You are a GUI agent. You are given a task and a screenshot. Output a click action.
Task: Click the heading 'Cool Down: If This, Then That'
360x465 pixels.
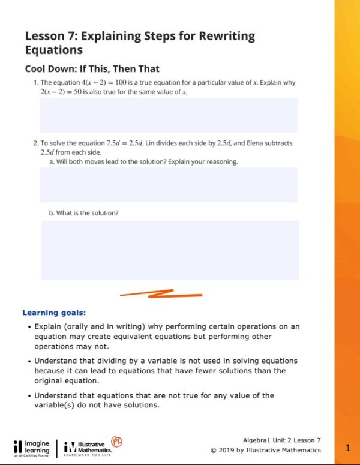(x=92, y=68)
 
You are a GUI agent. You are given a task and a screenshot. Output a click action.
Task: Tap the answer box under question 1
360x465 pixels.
(x=168, y=115)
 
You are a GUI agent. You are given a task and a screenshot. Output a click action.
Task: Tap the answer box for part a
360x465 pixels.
(x=168, y=184)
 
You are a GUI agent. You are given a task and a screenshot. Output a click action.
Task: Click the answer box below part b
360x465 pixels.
(x=170, y=250)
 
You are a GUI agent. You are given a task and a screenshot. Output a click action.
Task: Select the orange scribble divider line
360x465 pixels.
(x=161, y=294)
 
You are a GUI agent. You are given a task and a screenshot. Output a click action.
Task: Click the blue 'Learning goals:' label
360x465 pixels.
(x=54, y=313)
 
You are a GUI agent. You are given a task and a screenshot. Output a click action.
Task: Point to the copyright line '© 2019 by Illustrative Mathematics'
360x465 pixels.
(x=266, y=450)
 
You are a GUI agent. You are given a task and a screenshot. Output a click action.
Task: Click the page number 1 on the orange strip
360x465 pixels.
(x=348, y=448)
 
